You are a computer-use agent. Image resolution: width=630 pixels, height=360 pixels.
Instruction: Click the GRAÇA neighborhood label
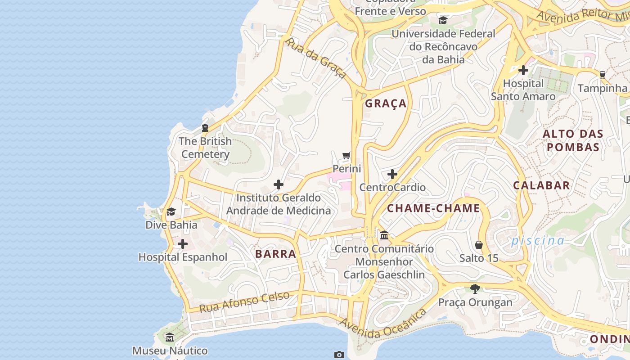pos(386,103)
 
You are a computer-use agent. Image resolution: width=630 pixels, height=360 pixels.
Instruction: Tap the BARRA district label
pos(275,254)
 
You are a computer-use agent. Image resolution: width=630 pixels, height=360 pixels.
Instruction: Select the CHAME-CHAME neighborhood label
pos(433,208)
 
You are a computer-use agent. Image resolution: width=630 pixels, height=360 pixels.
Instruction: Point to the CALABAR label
pos(541,185)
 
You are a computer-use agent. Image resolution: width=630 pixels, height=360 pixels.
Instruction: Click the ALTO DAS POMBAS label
pos(572,140)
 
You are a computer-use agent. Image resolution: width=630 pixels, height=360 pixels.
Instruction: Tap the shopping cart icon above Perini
pos(346,156)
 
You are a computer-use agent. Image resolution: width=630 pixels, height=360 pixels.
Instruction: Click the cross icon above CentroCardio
pos(392,174)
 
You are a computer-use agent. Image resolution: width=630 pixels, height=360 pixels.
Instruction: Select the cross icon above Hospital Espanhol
pos(183,244)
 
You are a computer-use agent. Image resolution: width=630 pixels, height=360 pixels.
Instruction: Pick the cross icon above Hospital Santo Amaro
pos(523,70)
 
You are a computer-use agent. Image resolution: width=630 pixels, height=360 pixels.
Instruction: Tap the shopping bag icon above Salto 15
pos(479,245)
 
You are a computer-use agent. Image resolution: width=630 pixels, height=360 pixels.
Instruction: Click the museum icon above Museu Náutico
pos(170,337)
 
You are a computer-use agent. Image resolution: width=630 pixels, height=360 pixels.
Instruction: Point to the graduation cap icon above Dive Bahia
pos(171,211)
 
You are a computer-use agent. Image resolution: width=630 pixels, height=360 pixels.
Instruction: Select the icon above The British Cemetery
pos(205,128)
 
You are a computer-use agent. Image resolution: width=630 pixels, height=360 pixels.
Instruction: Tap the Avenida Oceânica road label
pos(382,323)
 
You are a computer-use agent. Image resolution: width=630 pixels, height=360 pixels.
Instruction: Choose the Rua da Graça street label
pos(316,58)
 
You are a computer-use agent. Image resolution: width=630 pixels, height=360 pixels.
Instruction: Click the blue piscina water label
pos(537,240)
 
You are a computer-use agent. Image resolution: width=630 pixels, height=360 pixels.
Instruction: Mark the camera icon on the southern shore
pos(339,355)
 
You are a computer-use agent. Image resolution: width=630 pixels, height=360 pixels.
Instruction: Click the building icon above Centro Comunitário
pos(384,235)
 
